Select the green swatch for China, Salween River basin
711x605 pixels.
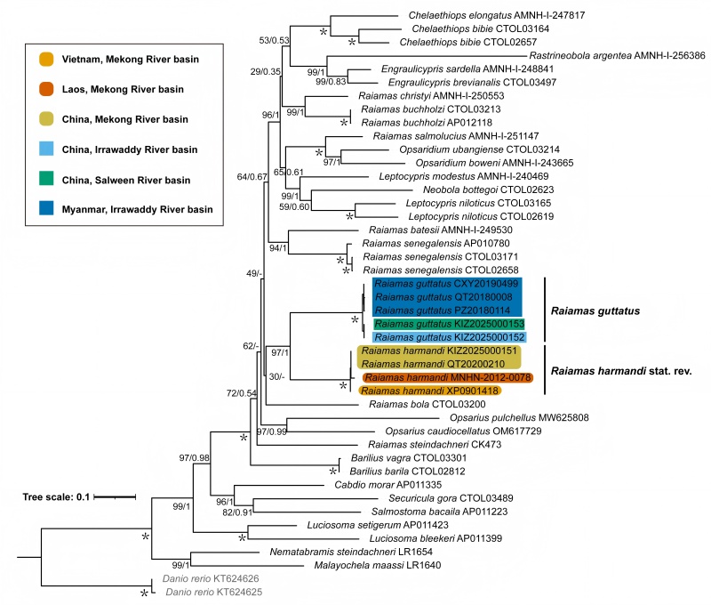click(46, 180)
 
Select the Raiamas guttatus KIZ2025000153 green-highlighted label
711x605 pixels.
click(450, 324)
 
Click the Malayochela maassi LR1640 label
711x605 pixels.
click(367, 564)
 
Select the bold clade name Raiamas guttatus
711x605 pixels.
click(597, 311)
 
